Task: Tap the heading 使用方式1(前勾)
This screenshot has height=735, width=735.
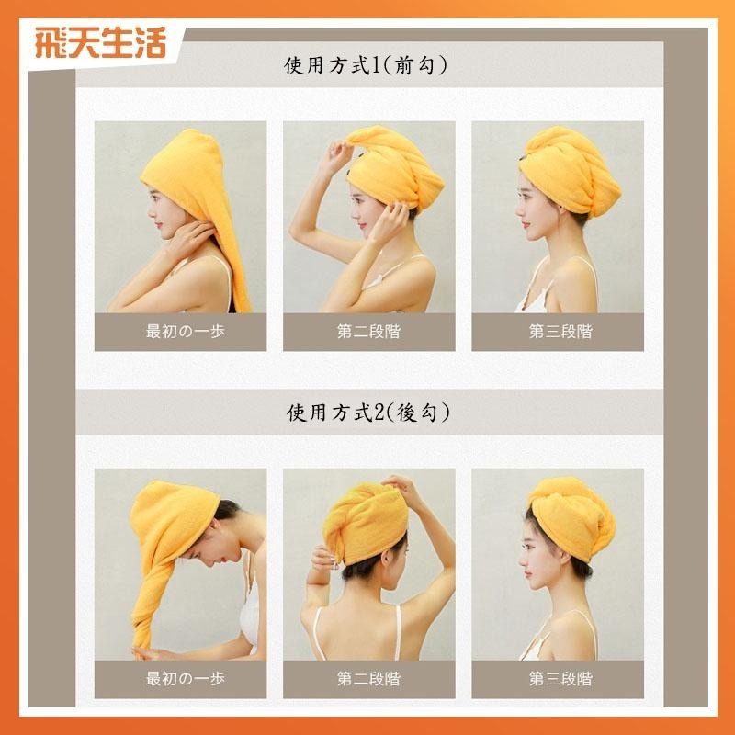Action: coord(367,66)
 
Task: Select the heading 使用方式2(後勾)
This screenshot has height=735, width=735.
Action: coord(367,413)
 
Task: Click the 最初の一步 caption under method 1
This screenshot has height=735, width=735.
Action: coord(180,331)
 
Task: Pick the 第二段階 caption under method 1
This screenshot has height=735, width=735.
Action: coord(368,331)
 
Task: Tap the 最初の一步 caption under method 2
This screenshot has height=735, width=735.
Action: coord(180,679)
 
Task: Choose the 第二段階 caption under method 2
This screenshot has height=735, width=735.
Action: coord(368,679)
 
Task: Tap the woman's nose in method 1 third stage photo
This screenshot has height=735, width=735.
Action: coord(517,205)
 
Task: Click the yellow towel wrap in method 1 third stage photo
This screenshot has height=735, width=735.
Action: coord(560,165)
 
